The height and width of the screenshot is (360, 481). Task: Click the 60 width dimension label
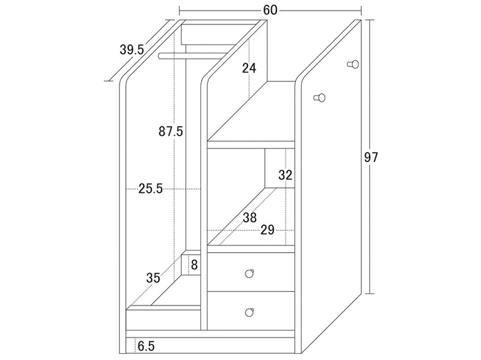[271, 10]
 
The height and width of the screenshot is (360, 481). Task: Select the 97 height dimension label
[371, 157]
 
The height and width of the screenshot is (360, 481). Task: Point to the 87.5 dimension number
[170, 131]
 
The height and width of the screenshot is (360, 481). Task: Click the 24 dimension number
[249, 68]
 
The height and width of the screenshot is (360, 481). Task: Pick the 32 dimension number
[286, 175]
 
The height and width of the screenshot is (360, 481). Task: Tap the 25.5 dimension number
[150, 188]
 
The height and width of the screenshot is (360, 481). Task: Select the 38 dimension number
[250, 218]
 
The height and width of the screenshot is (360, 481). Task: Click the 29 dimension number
[267, 230]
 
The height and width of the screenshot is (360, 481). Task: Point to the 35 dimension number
[153, 279]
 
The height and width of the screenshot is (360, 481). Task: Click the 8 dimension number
[194, 265]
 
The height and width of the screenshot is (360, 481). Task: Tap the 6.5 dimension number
[146, 345]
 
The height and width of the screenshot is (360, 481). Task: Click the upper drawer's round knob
[249, 273]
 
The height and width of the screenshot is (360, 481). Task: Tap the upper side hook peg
[353, 64]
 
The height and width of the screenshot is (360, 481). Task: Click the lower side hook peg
[320, 98]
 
